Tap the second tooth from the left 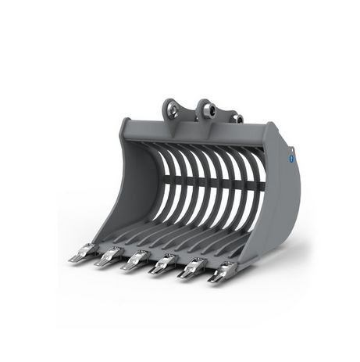109,256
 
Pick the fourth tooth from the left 164,264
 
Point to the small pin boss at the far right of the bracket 238,119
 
